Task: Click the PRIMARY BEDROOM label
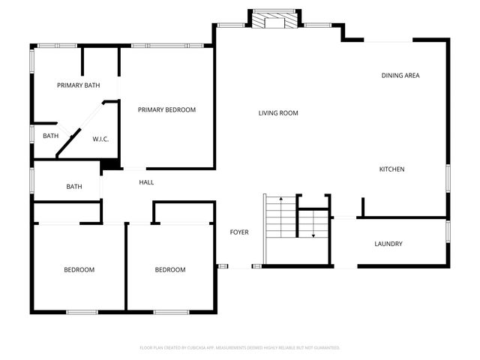tap(166, 109)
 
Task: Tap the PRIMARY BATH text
tap(79, 85)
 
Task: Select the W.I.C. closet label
tap(101, 139)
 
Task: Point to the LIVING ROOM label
tap(278, 113)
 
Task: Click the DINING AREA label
tap(400, 75)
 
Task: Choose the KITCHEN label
tap(391, 169)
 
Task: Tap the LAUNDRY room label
tap(388, 244)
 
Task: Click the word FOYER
tap(238, 232)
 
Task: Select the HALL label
tap(146, 182)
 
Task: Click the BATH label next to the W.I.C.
tap(50, 136)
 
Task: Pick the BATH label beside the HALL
tap(73, 187)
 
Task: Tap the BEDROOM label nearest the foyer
tap(170, 270)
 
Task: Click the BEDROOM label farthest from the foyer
tap(79, 270)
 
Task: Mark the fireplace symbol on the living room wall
tap(274, 20)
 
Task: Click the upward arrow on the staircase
tap(280, 199)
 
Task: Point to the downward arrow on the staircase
tap(313, 234)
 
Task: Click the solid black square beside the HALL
tap(109, 165)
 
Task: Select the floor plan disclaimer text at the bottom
tap(240, 348)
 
